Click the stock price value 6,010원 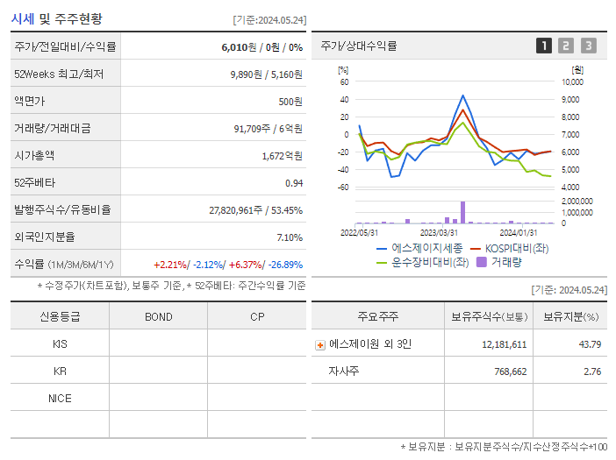(239, 46)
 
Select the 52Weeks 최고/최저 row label (60, 74)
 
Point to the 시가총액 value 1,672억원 (282, 156)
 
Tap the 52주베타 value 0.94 (293, 183)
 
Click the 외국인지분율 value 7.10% (289, 237)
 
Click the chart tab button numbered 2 (566, 46)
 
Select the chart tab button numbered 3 (588, 46)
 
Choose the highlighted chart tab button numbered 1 (544, 46)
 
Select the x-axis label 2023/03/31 (439, 232)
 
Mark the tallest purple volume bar (462, 212)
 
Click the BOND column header (158, 316)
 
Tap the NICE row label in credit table (60, 399)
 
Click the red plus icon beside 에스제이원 (320, 344)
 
